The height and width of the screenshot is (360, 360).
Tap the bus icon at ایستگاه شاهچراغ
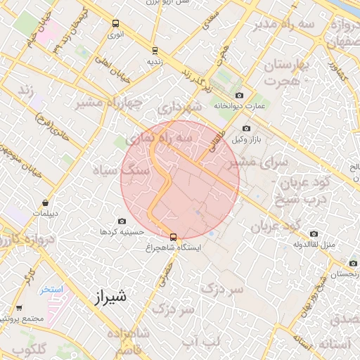coord(174,237)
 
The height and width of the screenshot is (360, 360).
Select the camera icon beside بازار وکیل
coord(246,129)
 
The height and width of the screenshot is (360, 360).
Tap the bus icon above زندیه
coord(155,50)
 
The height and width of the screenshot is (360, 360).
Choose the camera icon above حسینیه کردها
coord(122,221)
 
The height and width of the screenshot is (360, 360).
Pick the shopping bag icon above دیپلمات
coord(46,202)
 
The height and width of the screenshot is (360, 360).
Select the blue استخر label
coord(51,289)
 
